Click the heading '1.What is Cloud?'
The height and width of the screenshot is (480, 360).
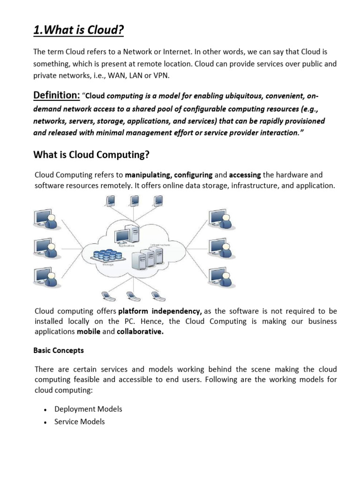tap(79, 30)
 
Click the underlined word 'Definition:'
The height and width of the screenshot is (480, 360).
tap(56, 96)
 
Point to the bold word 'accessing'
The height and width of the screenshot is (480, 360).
tap(244, 175)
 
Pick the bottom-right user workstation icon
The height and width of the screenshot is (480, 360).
tap(220, 276)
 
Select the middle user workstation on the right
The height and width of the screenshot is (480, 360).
tap(220, 247)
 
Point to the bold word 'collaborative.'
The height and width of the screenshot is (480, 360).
tap(140, 331)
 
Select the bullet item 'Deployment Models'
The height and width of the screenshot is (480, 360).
tap(88, 409)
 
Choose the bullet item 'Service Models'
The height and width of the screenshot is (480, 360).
tap(79, 422)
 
